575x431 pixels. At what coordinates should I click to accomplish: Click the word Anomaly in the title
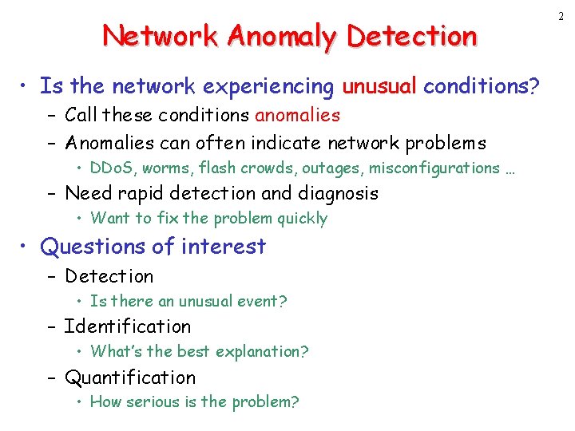pyautogui.click(x=268, y=36)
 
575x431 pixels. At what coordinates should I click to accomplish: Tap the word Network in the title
pyautogui.click(x=160, y=36)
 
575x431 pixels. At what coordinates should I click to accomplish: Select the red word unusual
pyautogui.click(x=379, y=85)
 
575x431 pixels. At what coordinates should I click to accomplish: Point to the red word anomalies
pyautogui.click(x=297, y=115)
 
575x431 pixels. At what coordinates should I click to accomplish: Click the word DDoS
pyautogui.click(x=114, y=168)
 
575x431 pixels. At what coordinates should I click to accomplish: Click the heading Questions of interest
pyautogui.click(x=153, y=247)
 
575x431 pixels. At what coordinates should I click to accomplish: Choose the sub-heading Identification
pyautogui.click(x=128, y=326)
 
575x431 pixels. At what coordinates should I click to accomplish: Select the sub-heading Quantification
pyautogui.click(x=130, y=378)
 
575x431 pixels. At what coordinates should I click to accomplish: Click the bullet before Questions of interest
pyautogui.click(x=28, y=247)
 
